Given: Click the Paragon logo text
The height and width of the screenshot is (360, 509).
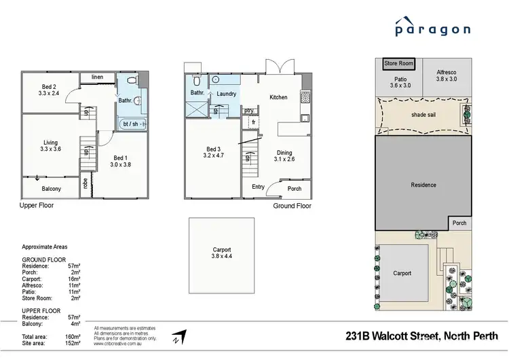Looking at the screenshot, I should tap(433, 29).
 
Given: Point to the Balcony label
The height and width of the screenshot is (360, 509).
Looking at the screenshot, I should tap(51, 189).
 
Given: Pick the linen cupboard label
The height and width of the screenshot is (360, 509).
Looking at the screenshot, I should tap(98, 77).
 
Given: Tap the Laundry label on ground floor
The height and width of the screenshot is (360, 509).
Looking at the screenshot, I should tap(226, 94).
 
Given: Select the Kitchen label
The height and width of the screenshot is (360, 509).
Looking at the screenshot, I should tap(278, 97).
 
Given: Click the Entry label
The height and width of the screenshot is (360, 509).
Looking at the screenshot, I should tap(259, 187).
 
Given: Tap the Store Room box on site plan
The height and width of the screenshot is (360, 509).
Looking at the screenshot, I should tap(398, 63).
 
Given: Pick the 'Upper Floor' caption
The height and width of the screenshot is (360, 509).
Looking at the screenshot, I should tap(37, 204).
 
